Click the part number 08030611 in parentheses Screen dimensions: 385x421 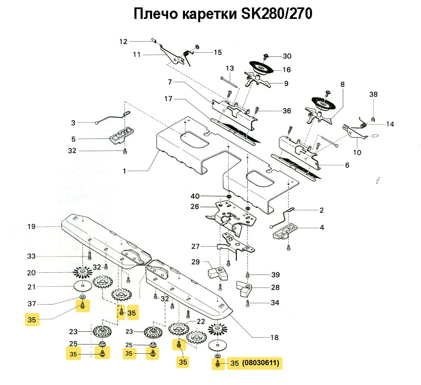(x=261, y=363)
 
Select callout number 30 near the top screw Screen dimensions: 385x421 (x=287, y=56)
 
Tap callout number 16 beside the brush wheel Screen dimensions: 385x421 (x=287, y=70)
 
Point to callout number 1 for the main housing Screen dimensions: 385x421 (x=125, y=171)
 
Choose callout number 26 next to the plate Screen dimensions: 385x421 (x=195, y=206)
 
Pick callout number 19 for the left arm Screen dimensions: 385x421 (x=32, y=227)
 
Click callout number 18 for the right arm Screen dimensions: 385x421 (x=274, y=338)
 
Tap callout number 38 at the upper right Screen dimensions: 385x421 (x=373, y=94)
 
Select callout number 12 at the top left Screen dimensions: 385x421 (x=124, y=41)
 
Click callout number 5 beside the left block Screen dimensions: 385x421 (x=74, y=139)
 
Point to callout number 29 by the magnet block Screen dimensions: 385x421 (x=195, y=262)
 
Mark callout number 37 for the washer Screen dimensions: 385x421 (x=32, y=304)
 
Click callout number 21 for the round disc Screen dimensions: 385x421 (x=32, y=287)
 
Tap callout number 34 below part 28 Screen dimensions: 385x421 (x=275, y=303)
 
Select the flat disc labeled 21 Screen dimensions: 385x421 (x=83, y=286)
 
